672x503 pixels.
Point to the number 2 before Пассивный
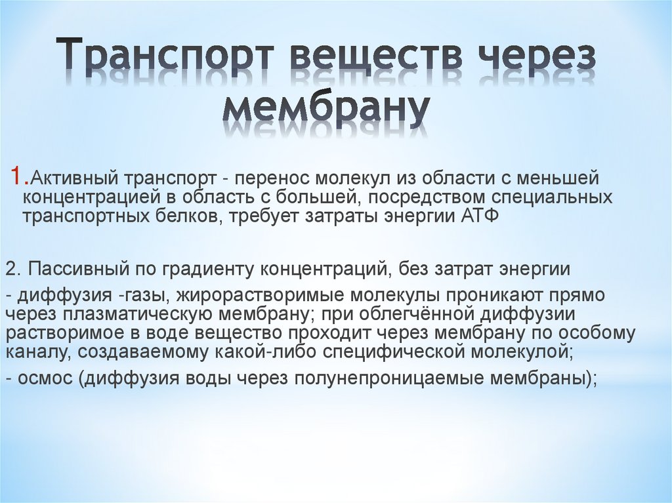coord(13,270)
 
